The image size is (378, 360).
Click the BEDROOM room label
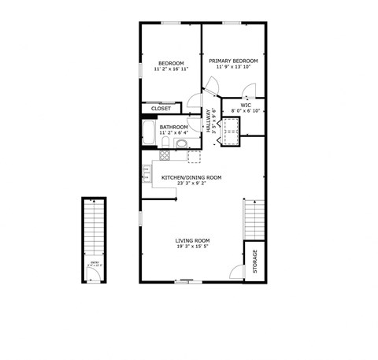coord(170,63)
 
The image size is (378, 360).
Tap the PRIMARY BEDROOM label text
coord(233,60)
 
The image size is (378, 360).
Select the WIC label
coord(246,104)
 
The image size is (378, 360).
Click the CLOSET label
coord(161,109)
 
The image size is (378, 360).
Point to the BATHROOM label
coord(173,127)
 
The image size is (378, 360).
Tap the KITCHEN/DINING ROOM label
coord(191,177)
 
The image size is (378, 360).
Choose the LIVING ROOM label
coord(192,240)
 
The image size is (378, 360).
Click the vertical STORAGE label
coord(254,261)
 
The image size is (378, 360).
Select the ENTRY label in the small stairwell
coord(94,262)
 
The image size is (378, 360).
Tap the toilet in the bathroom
coord(181,143)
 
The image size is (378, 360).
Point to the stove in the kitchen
coord(165,155)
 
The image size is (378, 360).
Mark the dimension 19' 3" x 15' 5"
coord(192,247)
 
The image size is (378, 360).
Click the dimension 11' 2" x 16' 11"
coord(170,69)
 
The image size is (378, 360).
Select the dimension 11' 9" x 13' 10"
coord(233,67)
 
